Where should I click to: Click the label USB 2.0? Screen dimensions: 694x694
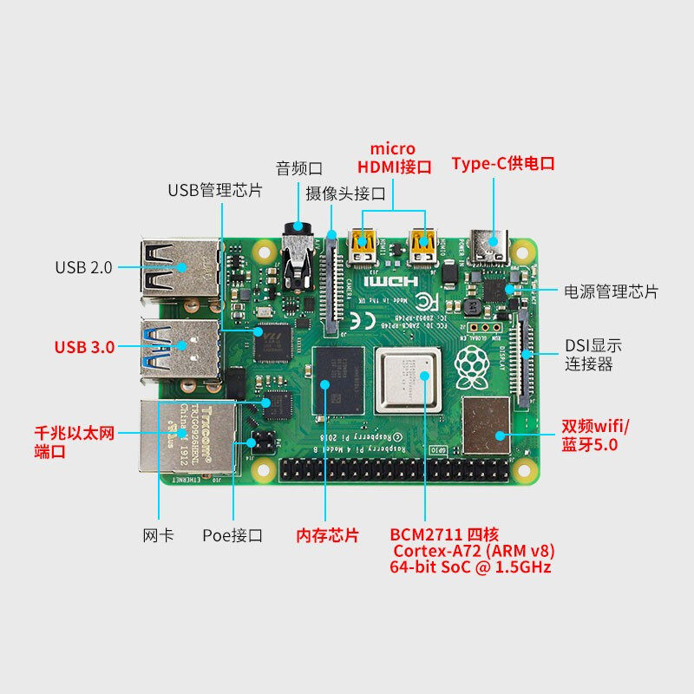click(x=83, y=267)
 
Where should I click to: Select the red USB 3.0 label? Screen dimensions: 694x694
click(x=84, y=347)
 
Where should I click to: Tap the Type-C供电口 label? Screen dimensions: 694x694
click(x=502, y=163)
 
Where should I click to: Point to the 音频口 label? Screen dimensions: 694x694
click(x=299, y=167)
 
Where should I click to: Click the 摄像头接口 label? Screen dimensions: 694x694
click(x=345, y=193)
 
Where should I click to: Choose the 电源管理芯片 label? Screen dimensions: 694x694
click(x=611, y=291)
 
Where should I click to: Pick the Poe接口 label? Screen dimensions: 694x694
click(x=232, y=535)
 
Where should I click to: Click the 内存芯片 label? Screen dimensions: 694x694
click(x=327, y=535)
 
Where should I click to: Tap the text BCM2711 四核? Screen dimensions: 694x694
click(x=444, y=533)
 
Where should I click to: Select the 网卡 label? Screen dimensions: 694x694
click(x=158, y=535)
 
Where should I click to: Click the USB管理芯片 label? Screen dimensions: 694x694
click(x=215, y=189)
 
